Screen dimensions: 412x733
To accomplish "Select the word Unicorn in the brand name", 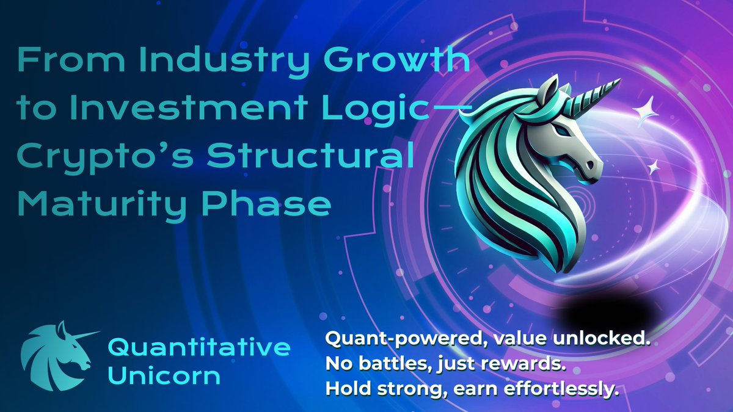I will tap(164, 375).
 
